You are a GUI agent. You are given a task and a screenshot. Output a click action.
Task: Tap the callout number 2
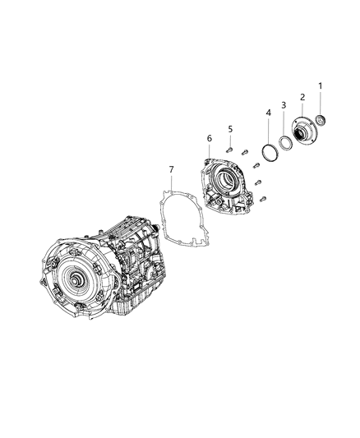coord(302,97)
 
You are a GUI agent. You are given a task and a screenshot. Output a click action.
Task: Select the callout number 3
coord(284,105)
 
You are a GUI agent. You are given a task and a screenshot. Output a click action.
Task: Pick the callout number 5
coord(231,128)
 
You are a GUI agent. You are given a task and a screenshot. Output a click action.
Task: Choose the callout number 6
coord(210,137)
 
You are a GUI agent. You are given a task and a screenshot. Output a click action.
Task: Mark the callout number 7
coord(171,169)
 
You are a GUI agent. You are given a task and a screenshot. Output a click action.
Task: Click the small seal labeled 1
coord(321,122)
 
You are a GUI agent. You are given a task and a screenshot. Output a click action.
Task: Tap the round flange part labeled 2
coord(302,132)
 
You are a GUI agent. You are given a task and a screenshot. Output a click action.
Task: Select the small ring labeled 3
coord(284,141)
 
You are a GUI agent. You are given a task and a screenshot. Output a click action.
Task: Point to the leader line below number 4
coord(268,129)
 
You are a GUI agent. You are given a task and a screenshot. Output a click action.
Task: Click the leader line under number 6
coord(210,150)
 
